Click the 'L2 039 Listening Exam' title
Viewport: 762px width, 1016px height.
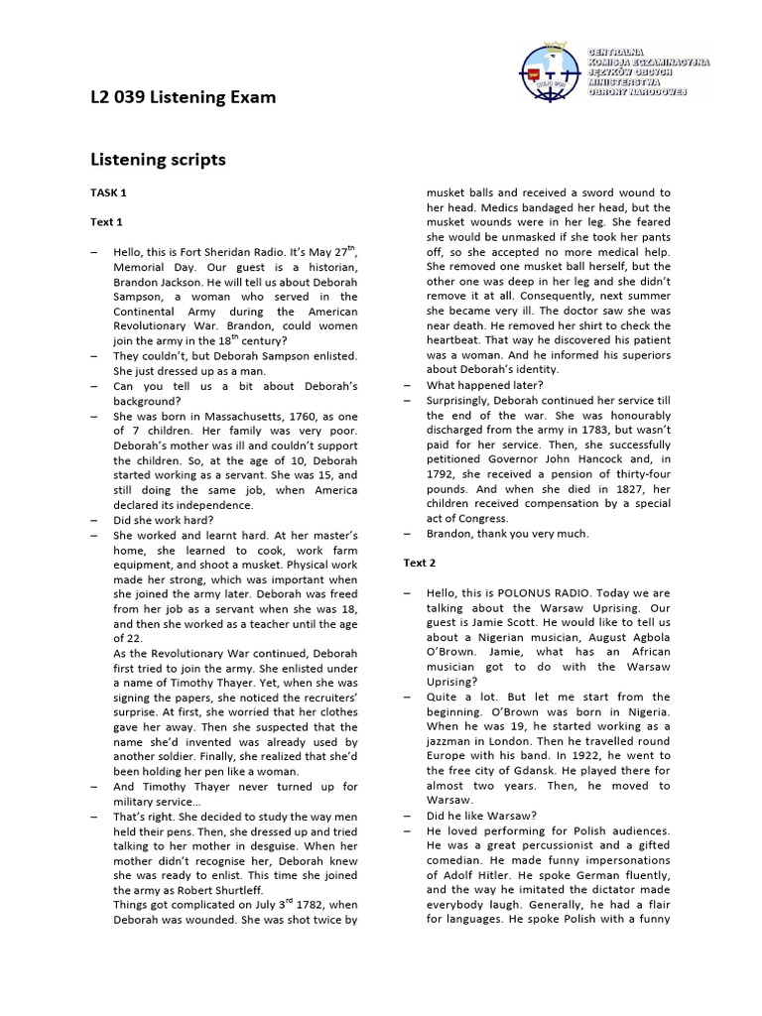point(183,97)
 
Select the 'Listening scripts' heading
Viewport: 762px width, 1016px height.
point(158,159)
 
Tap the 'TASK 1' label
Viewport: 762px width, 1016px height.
point(108,192)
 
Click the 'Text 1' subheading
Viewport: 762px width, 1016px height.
point(106,222)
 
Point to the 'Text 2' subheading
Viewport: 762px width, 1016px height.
point(419,563)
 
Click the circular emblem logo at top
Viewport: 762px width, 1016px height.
point(552,70)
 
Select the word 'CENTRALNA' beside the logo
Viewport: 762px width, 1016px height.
point(617,51)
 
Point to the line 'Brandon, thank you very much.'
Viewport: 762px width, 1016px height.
point(507,533)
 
